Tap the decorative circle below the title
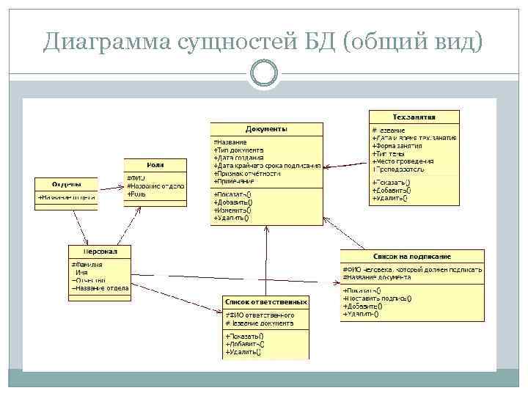pyautogui.click(x=264, y=73)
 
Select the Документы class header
pyautogui.click(x=266, y=129)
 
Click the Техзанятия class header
pyautogui.click(x=414, y=117)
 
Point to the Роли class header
pyautogui.click(x=155, y=165)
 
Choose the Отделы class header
pyautogui.click(x=66, y=183)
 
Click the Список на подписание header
pyautogui.click(x=412, y=256)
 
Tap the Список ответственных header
pyautogui.click(x=265, y=302)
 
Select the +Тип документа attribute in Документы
pyautogui.click(x=238, y=150)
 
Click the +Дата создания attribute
pyautogui.click(x=240, y=158)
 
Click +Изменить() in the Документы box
pyautogui.click(x=232, y=210)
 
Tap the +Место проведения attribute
pyautogui.click(x=403, y=161)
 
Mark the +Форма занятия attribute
pyautogui.click(x=400, y=146)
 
